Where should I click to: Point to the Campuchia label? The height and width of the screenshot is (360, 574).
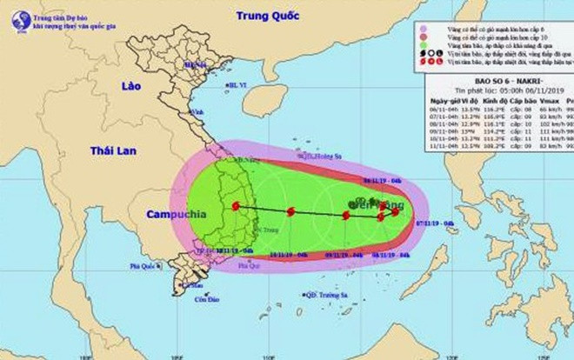pos(170,215)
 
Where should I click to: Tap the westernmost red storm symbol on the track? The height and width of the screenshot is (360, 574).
pos(236,206)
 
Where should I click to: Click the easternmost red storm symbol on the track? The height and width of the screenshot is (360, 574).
pos(395,211)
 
